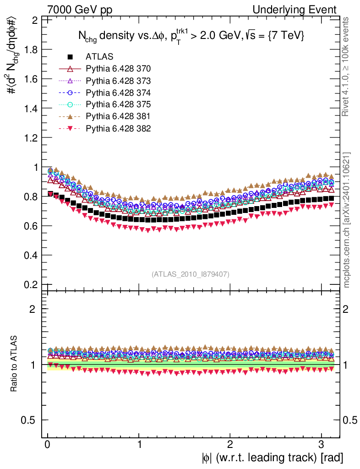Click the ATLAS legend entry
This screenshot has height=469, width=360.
click(x=99, y=57)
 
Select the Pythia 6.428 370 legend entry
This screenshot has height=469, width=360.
click(x=118, y=69)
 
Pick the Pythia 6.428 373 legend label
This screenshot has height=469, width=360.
click(x=118, y=81)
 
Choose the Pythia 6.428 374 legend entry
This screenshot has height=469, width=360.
click(x=118, y=93)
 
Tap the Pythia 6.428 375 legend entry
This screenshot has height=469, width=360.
click(x=118, y=104)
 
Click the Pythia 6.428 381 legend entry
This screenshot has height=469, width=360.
click(x=118, y=116)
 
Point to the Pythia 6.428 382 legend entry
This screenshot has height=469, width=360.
click(x=118, y=128)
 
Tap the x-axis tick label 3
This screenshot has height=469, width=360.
click(x=322, y=444)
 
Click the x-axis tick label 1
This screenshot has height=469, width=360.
click(x=139, y=444)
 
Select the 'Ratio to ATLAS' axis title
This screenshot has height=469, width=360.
click(x=15, y=364)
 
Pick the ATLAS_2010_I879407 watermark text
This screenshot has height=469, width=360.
click(x=191, y=274)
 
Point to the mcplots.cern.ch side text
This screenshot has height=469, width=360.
click(x=347, y=220)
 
